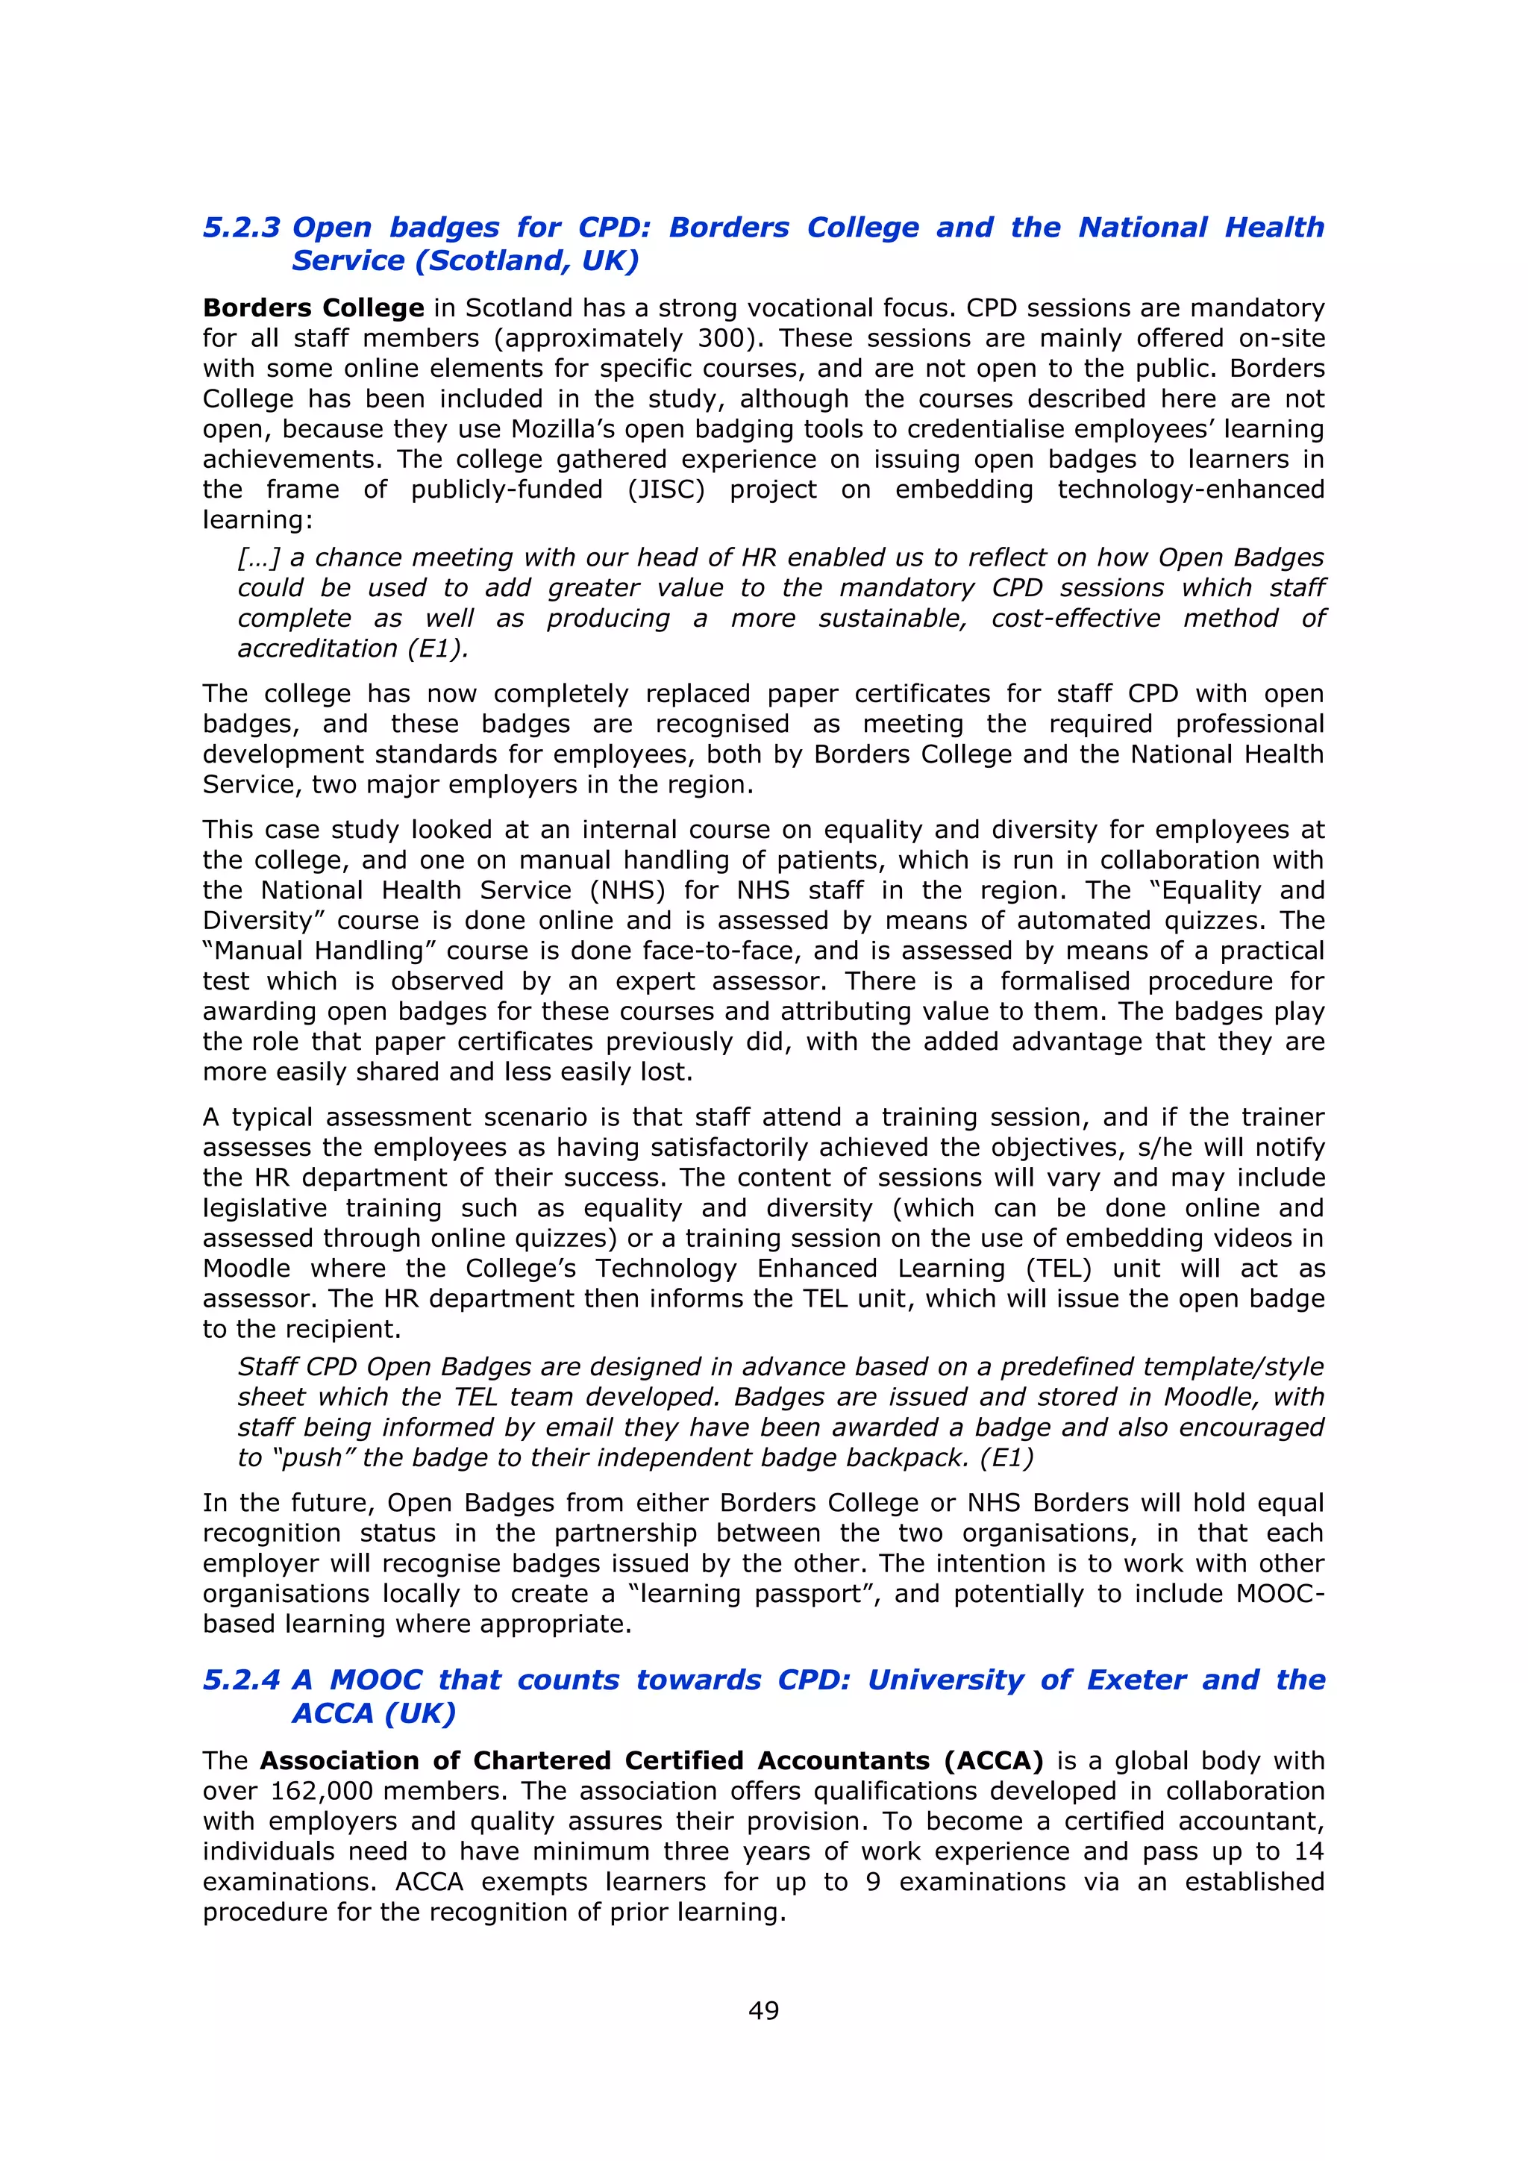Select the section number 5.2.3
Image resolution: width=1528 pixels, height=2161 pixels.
pyautogui.click(x=241, y=228)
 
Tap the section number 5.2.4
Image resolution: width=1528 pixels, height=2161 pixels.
pyautogui.click(x=241, y=1680)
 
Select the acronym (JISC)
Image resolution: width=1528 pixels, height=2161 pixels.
pyautogui.click(x=666, y=490)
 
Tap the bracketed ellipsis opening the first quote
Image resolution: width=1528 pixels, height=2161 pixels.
pyautogui.click(x=259, y=558)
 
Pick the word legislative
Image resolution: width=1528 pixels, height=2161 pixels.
pyautogui.click(x=263, y=1209)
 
